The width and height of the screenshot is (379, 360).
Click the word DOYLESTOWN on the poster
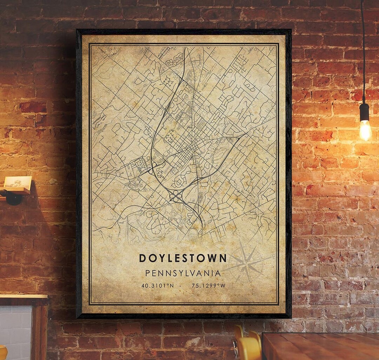click(183, 258)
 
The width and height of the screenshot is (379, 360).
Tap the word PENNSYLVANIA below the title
click(183, 273)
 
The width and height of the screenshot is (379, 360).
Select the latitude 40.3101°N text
click(158, 286)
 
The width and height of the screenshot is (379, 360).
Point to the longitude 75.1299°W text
click(208, 286)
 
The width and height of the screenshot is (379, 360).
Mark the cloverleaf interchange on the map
click(175, 196)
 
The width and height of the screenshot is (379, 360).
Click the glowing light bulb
click(365, 130)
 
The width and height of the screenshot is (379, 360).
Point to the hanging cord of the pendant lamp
click(363, 53)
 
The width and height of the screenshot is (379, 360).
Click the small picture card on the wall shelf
click(18, 182)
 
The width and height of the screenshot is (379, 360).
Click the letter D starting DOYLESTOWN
click(142, 258)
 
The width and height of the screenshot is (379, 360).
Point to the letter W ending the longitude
click(223, 286)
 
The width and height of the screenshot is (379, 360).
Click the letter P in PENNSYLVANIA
click(148, 273)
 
